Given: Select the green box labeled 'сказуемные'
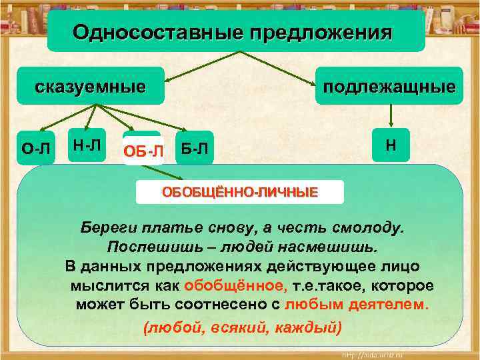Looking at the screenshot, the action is pyautogui.click(x=90, y=87).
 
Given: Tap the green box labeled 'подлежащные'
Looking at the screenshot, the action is pyautogui.click(x=389, y=87).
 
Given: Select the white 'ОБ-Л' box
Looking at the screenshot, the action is pyautogui.click(x=143, y=151).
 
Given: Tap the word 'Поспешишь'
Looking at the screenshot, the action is pyautogui.click(x=147, y=247).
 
